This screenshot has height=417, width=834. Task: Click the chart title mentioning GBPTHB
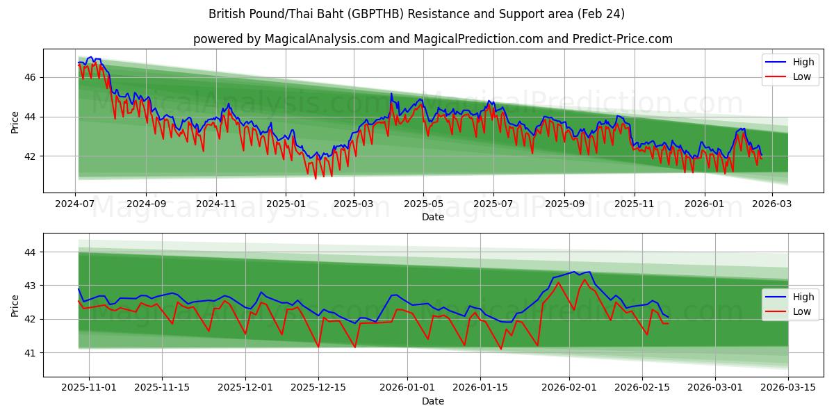coord(416,14)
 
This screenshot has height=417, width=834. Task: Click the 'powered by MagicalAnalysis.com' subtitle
coord(432,39)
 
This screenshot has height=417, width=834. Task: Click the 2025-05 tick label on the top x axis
coord(423,204)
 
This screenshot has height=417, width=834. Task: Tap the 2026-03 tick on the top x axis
coord(771,204)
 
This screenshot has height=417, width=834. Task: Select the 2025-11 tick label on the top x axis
coord(634,204)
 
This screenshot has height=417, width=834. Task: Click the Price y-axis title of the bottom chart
coord(15,305)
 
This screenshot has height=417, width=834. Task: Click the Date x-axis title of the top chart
coord(432,217)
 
